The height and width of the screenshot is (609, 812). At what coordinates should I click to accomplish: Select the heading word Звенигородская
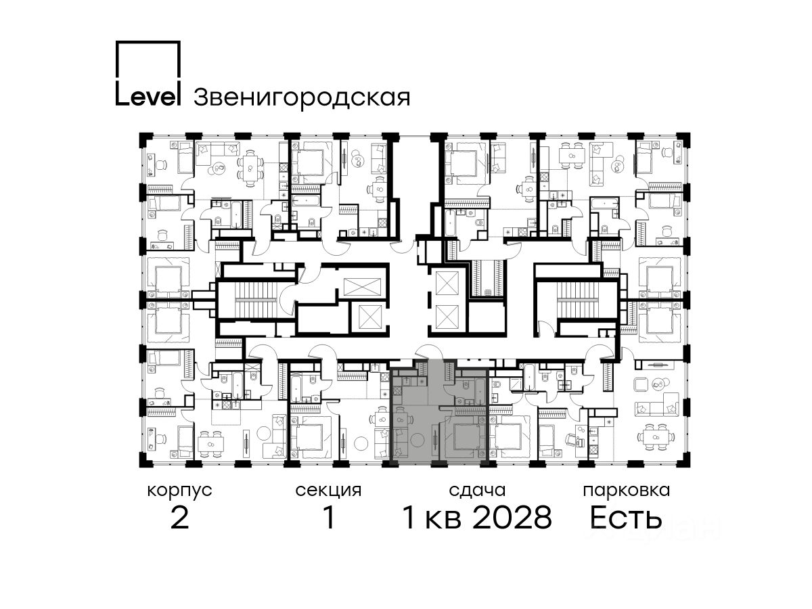click(302, 98)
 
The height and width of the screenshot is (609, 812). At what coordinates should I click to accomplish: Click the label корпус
click(179, 491)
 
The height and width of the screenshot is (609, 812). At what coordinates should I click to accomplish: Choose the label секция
click(328, 491)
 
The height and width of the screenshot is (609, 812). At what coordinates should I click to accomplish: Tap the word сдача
click(477, 491)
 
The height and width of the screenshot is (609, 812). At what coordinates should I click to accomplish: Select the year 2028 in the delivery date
click(512, 517)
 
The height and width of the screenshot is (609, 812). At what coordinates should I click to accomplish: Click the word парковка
click(627, 491)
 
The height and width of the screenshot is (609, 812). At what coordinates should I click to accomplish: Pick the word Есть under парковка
click(625, 517)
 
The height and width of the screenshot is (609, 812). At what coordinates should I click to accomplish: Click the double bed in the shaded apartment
click(466, 439)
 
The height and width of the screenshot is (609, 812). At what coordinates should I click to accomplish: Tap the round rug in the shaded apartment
click(418, 440)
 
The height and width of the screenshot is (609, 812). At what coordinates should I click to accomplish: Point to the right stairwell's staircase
click(578, 300)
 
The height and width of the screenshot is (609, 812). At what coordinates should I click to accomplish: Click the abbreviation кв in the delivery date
click(443, 520)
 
